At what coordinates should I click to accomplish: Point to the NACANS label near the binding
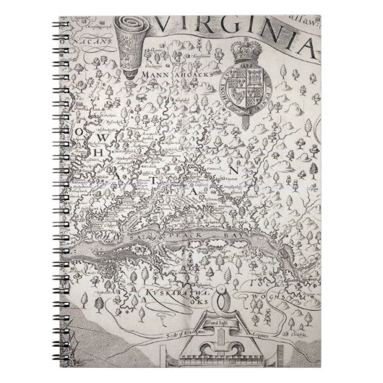tap(90, 43)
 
